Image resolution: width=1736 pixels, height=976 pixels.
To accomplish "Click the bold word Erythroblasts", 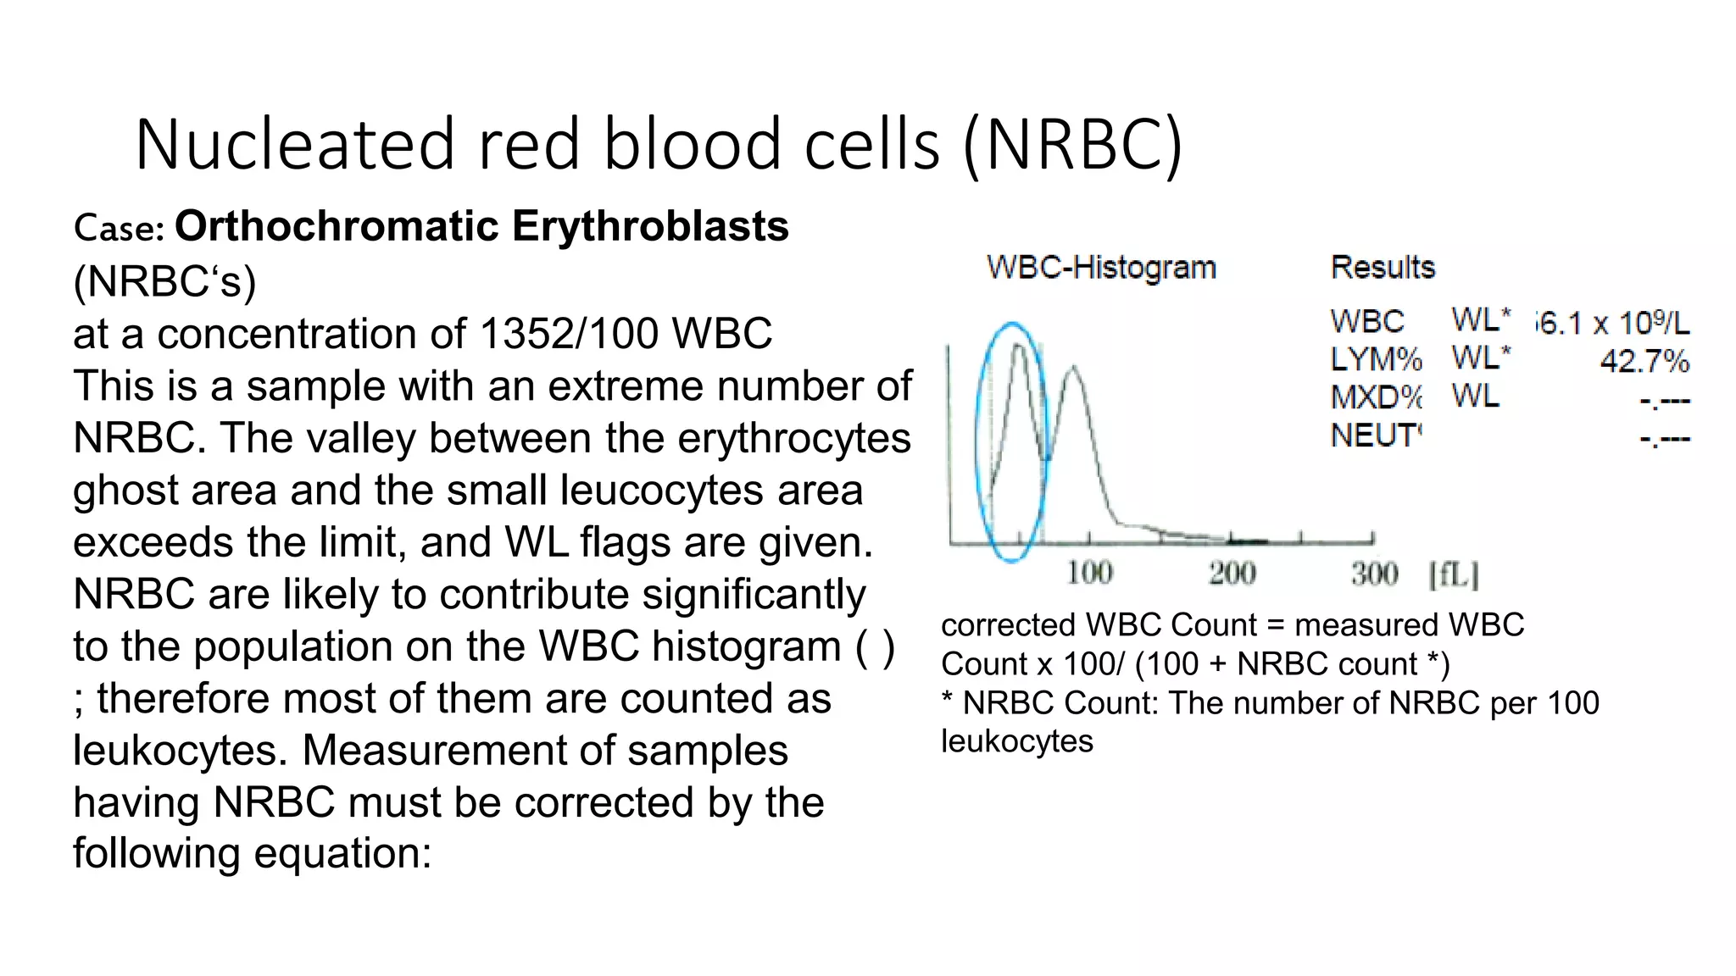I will pyautogui.click(x=650, y=226).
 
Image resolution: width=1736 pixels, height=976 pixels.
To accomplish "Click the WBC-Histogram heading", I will pyautogui.click(x=1101, y=268).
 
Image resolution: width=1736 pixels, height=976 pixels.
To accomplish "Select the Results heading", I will pyautogui.click(x=1383, y=268).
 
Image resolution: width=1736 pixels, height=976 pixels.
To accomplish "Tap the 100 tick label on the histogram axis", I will pyautogui.click(x=1089, y=574).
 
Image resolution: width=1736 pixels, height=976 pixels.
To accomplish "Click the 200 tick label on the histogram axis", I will pyautogui.click(x=1232, y=574).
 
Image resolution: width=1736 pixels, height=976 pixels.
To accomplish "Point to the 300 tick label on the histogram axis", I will pyautogui.click(x=1374, y=574).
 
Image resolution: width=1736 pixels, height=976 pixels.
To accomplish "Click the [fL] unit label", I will pyautogui.click(x=1453, y=574).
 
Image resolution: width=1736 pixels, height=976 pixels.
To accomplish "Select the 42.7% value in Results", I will pyautogui.click(x=1644, y=362).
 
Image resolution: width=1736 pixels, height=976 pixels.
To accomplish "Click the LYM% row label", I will pyautogui.click(x=1375, y=360).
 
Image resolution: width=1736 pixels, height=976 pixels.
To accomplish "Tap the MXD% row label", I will pyautogui.click(x=1375, y=397).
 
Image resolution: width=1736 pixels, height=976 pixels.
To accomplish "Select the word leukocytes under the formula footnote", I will pyautogui.click(x=1016, y=741).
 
